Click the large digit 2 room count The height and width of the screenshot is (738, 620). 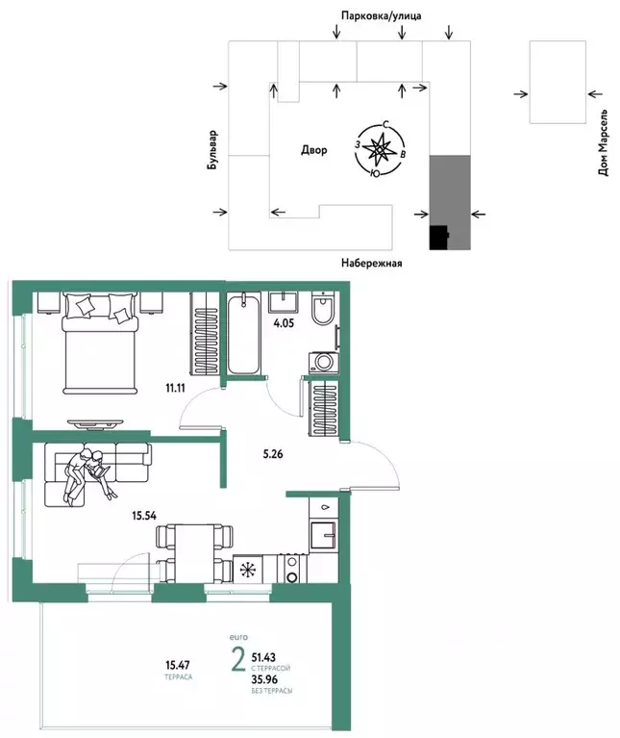pos(236,662)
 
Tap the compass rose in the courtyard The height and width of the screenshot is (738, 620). pos(381,148)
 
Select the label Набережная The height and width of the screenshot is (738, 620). pos(370,263)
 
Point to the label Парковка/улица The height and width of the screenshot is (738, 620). pos(381,16)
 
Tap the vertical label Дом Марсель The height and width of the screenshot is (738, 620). pos(604,142)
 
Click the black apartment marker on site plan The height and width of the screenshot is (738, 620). pos(438,237)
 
